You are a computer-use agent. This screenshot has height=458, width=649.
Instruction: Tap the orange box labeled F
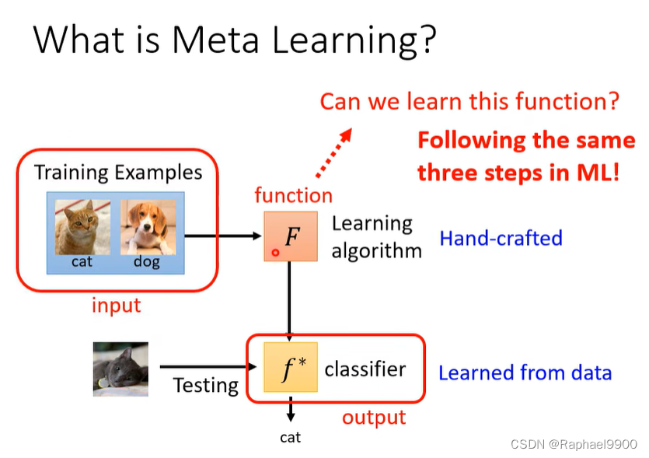tap(290, 236)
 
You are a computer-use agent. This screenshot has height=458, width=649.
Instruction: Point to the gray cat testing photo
tap(120, 369)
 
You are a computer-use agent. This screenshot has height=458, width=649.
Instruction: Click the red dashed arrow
tap(334, 152)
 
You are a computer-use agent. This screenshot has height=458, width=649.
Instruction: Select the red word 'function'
tap(293, 195)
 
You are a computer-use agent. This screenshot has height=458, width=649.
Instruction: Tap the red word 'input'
tap(117, 306)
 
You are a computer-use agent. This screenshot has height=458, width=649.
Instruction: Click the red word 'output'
tap(374, 418)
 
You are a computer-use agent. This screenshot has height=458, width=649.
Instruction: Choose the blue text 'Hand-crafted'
tap(501, 237)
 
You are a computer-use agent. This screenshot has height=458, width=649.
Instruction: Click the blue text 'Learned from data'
tap(525, 372)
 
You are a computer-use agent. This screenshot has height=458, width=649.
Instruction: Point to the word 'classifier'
tap(365, 368)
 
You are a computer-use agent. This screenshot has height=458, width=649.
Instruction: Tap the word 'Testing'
tap(205, 385)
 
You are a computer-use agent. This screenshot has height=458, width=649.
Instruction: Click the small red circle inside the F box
tap(275, 253)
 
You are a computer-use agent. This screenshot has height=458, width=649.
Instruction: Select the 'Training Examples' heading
tap(118, 172)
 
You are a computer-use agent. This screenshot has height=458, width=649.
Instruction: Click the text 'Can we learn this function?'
tap(469, 101)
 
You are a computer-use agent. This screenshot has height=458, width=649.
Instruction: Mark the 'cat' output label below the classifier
tap(290, 437)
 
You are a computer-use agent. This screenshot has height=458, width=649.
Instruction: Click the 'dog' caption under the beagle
tap(146, 262)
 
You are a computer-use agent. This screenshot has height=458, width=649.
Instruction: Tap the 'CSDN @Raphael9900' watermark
tap(574, 444)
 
